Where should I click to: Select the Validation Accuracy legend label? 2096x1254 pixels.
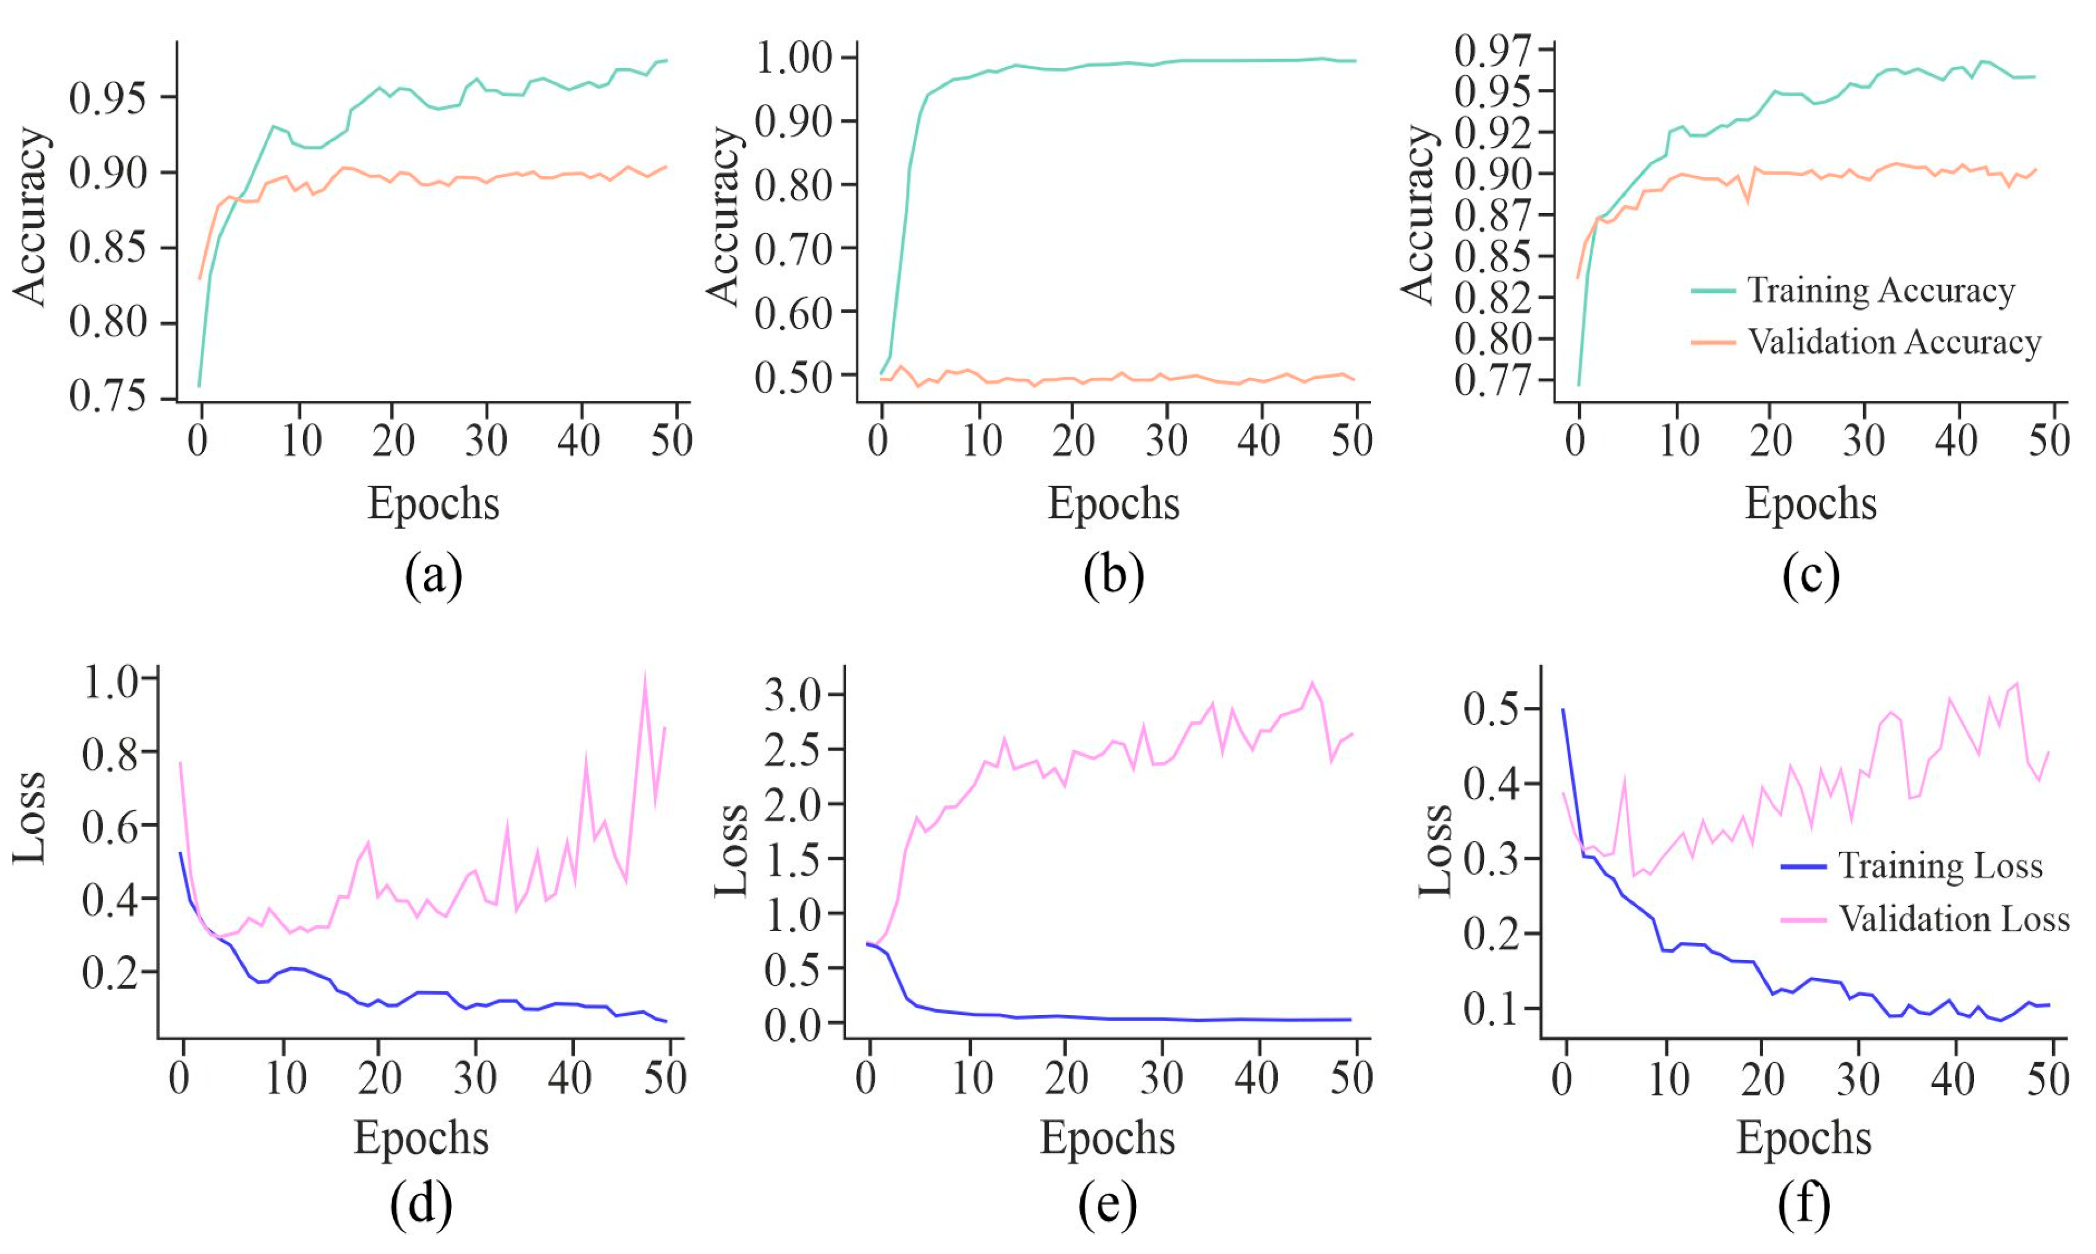tap(1893, 342)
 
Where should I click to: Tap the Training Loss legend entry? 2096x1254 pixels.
tap(1940, 866)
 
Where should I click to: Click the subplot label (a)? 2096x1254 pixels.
tap(434, 576)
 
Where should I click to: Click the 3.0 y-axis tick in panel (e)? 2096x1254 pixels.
tap(792, 696)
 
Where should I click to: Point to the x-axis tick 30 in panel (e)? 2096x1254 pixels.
tap(1161, 1079)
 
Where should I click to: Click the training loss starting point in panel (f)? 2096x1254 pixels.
tap(1563, 710)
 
